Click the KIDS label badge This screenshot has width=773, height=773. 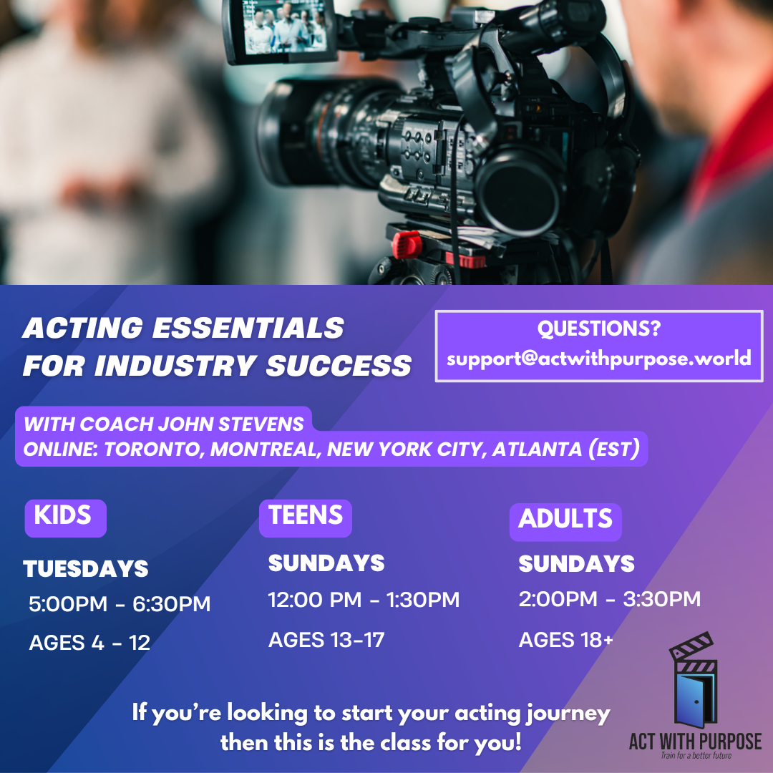coord(66,518)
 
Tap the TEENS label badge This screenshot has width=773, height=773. coord(306,518)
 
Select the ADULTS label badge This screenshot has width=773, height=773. coord(565,522)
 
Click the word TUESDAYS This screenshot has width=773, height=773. coord(86,568)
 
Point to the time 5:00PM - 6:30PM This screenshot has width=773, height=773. coord(120,604)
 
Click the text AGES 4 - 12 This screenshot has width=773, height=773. coord(89,643)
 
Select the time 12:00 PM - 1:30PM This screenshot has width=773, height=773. coord(364,600)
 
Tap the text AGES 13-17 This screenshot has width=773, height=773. coord(326,640)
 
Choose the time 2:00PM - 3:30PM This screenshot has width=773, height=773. coord(609,599)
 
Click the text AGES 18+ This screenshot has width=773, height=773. coord(566,640)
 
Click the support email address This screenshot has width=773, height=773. coord(599,359)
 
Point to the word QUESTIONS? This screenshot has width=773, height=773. coord(599,329)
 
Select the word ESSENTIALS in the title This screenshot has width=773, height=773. coord(248,328)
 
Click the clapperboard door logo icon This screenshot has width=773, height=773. coord(694,681)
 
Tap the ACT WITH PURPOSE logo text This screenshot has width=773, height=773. coord(696,742)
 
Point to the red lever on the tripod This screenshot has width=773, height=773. coord(407,245)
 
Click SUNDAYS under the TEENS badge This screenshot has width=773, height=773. coord(326,563)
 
